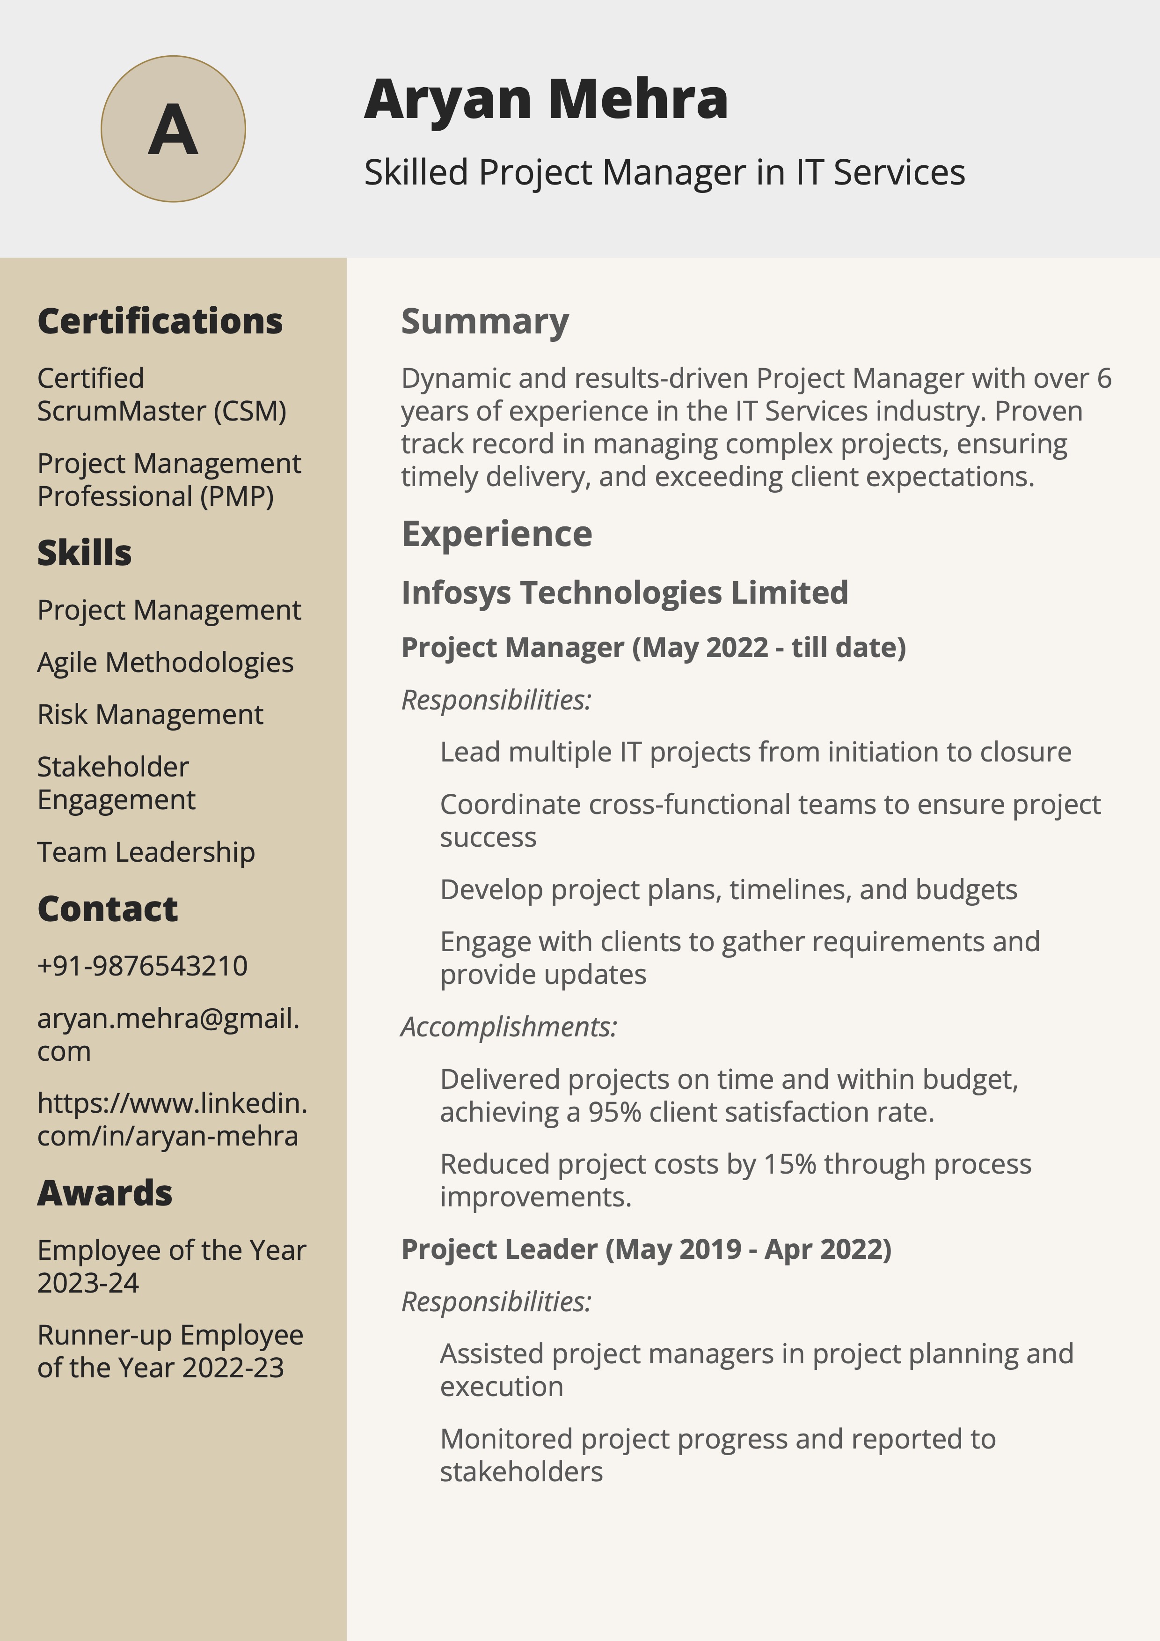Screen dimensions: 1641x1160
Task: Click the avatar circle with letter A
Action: pyautogui.click(x=173, y=129)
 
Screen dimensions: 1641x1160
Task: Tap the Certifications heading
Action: pyautogui.click(x=160, y=321)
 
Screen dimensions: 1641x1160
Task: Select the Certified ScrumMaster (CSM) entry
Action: pyautogui.click(x=161, y=394)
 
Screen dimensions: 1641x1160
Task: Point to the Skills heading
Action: pyautogui.click(x=84, y=553)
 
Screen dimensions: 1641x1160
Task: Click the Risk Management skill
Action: pyautogui.click(x=150, y=715)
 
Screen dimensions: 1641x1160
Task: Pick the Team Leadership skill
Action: pyautogui.click(x=146, y=852)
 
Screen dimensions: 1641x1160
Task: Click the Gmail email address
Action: pyautogui.click(x=168, y=1034)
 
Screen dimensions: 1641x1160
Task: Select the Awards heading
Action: pyautogui.click(x=104, y=1193)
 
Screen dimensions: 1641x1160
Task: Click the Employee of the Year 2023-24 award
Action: pyautogui.click(x=171, y=1266)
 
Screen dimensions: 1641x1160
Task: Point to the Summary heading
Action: pyautogui.click(x=484, y=321)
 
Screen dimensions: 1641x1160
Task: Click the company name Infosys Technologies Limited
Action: pyautogui.click(x=624, y=592)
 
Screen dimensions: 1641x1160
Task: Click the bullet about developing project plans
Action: pyautogui.click(x=728, y=890)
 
